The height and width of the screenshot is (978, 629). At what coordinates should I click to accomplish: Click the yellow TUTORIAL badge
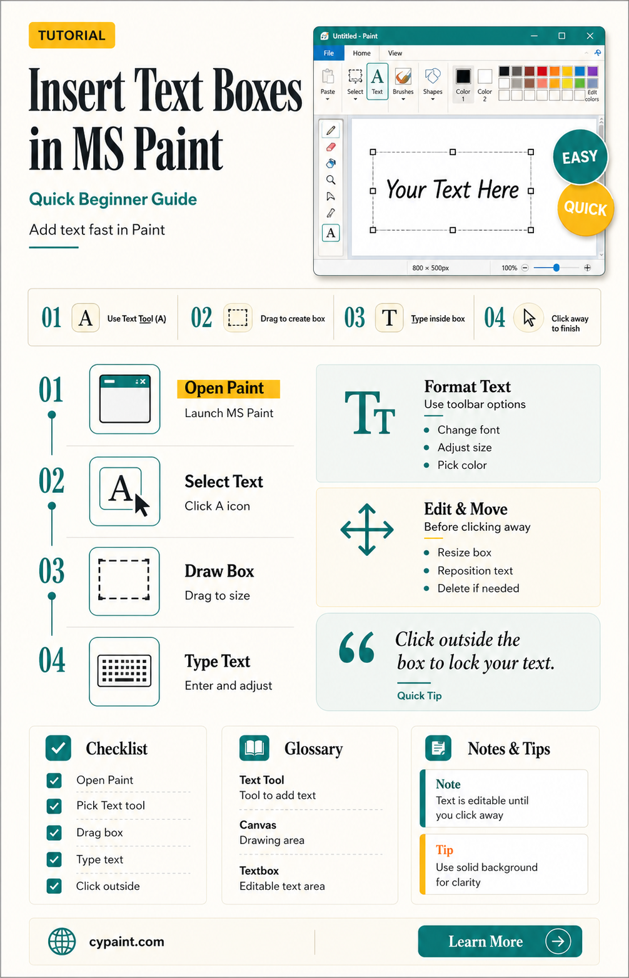click(71, 35)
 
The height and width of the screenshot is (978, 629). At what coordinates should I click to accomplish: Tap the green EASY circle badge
click(580, 156)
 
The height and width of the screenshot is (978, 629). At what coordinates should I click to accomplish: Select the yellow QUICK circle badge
click(585, 208)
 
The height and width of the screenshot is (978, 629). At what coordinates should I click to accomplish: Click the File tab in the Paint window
click(329, 53)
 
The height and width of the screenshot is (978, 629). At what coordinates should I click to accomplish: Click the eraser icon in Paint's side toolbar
click(331, 147)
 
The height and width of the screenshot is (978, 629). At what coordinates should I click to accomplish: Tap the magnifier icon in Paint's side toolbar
click(331, 180)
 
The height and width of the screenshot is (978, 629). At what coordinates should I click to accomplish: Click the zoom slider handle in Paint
click(556, 268)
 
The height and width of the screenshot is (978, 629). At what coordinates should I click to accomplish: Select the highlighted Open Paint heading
click(228, 388)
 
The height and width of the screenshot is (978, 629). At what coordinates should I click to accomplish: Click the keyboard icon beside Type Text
click(124, 671)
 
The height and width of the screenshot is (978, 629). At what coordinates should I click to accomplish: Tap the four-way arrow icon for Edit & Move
click(366, 529)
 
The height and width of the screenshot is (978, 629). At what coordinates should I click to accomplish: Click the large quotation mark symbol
click(356, 647)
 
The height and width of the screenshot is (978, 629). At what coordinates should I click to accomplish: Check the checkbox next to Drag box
click(54, 832)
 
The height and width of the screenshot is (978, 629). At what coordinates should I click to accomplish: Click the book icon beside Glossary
click(254, 748)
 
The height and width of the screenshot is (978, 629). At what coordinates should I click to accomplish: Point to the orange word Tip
click(445, 850)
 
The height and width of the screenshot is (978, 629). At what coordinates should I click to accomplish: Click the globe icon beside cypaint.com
click(62, 941)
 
